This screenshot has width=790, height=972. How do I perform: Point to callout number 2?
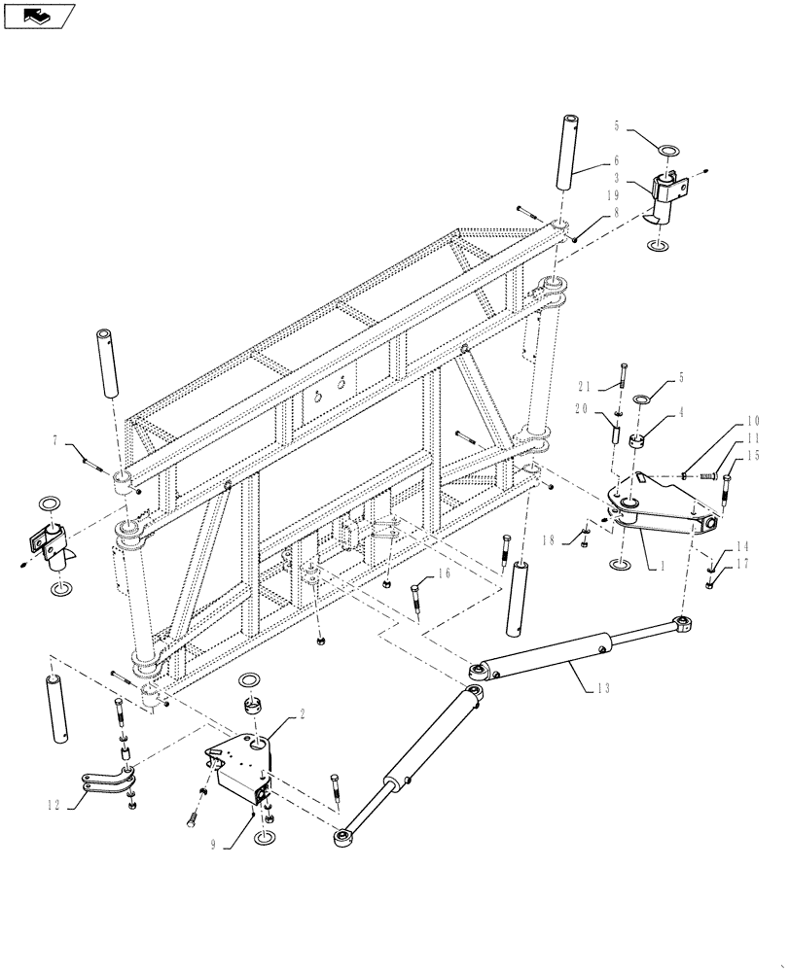(x=303, y=713)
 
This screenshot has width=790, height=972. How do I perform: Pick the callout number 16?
(x=444, y=574)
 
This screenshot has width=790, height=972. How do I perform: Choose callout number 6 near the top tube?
(x=616, y=160)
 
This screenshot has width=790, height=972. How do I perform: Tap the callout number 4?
(x=681, y=412)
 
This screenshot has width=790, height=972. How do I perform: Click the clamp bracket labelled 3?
(x=667, y=198)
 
